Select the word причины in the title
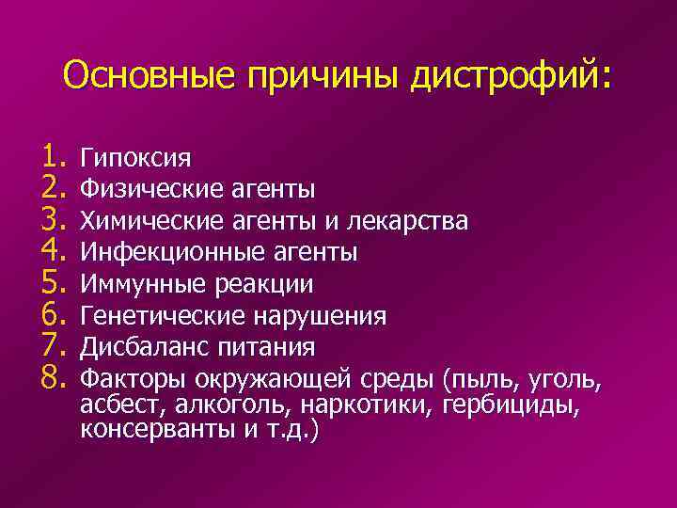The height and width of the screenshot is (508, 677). pyautogui.click(x=323, y=75)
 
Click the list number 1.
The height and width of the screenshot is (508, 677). pyautogui.click(x=51, y=156)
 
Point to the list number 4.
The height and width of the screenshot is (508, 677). pyautogui.click(x=51, y=251)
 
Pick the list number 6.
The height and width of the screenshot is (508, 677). pyautogui.click(x=51, y=314)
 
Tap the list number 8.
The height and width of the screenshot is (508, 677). pyautogui.click(x=51, y=378)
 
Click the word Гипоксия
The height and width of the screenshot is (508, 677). pyautogui.click(x=138, y=157)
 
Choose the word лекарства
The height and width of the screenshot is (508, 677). pyautogui.click(x=408, y=220)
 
